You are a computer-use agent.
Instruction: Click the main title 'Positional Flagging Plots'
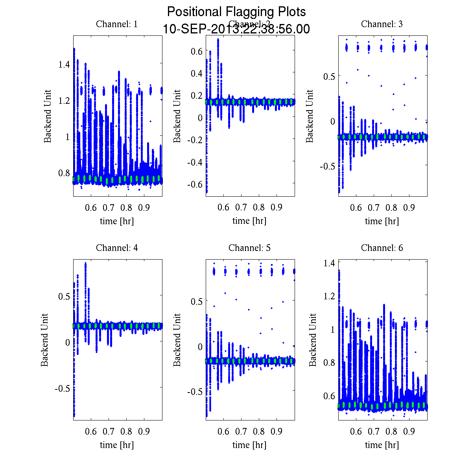click(x=236, y=12)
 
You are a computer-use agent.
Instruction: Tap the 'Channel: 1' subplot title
click(x=117, y=24)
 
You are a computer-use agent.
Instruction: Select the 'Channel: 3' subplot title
click(x=382, y=24)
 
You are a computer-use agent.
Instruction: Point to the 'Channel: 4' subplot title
click(x=117, y=248)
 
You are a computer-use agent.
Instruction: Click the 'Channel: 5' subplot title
click(x=249, y=248)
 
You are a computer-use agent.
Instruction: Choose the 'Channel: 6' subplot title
click(x=382, y=248)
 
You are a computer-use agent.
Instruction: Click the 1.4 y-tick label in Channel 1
click(x=64, y=64)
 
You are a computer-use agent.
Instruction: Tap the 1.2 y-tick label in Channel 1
click(x=64, y=100)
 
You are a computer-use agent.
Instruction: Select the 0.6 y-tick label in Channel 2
click(x=196, y=51)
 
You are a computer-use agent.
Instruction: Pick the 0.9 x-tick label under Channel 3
click(x=409, y=207)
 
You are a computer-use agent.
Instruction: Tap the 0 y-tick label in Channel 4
click(x=68, y=343)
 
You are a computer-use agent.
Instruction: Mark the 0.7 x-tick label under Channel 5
click(x=241, y=431)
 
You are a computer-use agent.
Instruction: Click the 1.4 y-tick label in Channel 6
click(x=329, y=263)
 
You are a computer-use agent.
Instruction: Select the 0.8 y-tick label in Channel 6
click(x=329, y=362)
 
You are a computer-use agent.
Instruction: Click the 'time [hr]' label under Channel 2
click(x=249, y=221)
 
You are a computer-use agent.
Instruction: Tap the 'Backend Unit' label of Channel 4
click(x=44, y=340)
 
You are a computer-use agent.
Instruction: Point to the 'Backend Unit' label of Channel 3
click(x=310, y=116)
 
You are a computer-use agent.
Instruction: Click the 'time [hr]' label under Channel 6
click(x=382, y=445)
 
